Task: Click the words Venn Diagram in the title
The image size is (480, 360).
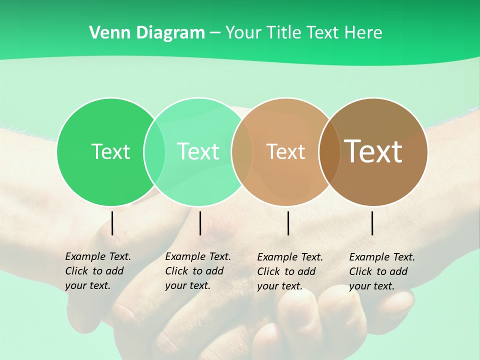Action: (147, 33)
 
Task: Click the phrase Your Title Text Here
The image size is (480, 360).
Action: (303, 33)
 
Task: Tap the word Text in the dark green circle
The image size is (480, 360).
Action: (110, 151)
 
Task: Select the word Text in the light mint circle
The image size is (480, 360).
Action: (198, 151)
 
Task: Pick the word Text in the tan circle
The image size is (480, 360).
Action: (285, 151)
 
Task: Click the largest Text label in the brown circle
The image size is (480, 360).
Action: (373, 151)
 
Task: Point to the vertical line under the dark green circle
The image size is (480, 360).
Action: (112, 223)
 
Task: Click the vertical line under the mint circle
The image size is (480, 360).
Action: (200, 223)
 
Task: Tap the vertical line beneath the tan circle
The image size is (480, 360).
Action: (288, 223)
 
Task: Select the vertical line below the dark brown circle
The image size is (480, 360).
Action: (372, 223)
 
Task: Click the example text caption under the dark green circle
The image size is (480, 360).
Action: (97, 271)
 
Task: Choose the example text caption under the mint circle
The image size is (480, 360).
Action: (197, 271)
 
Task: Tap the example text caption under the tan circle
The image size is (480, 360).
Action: (289, 271)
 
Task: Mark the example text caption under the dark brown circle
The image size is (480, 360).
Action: (381, 271)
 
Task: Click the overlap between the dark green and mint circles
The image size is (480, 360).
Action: (154, 152)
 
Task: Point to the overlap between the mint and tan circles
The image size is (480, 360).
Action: (242, 152)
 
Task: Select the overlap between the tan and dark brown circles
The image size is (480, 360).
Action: (329, 152)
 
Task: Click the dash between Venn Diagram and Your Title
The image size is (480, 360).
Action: (215, 33)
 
